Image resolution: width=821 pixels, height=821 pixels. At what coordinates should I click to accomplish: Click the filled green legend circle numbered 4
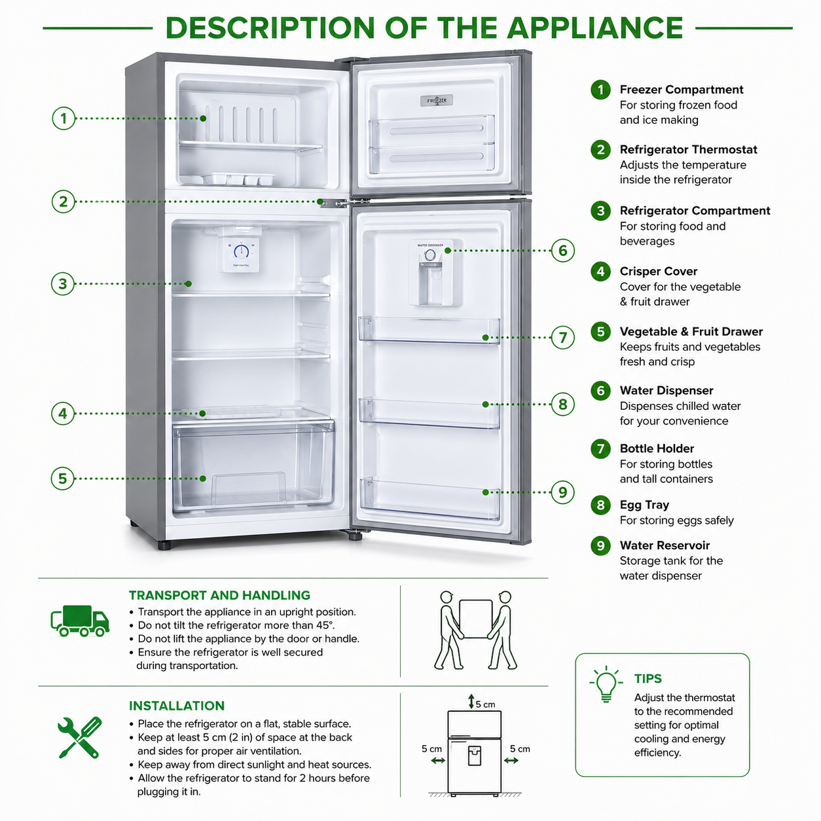click(600, 272)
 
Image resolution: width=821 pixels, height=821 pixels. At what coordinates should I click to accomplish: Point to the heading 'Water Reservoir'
click(665, 545)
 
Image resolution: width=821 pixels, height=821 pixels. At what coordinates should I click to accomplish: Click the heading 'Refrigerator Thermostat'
click(688, 149)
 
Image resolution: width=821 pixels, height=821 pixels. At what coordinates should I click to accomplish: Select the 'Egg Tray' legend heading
click(644, 505)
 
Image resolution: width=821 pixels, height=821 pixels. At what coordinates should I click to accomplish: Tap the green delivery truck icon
click(80, 621)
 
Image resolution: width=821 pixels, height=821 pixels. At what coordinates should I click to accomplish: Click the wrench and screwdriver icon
click(80, 737)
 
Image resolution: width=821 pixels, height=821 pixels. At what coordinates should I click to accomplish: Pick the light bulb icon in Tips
click(606, 684)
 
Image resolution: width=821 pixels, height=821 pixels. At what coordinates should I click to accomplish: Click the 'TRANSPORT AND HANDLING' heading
click(219, 595)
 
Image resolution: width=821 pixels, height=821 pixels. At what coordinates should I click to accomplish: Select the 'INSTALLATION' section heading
click(176, 706)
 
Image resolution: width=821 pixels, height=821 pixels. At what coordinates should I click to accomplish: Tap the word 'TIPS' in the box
click(648, 679)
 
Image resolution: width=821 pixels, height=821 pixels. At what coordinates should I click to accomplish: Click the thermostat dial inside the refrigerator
click(241, 251)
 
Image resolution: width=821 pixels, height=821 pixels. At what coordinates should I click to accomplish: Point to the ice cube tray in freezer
click(238, 179)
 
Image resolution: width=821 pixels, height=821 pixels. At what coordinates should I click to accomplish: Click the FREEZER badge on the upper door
click(436, 101)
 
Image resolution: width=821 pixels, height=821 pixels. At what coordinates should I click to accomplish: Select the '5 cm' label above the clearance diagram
click(485, 704)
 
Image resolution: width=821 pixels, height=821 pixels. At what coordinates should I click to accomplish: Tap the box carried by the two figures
click(475, 619)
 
